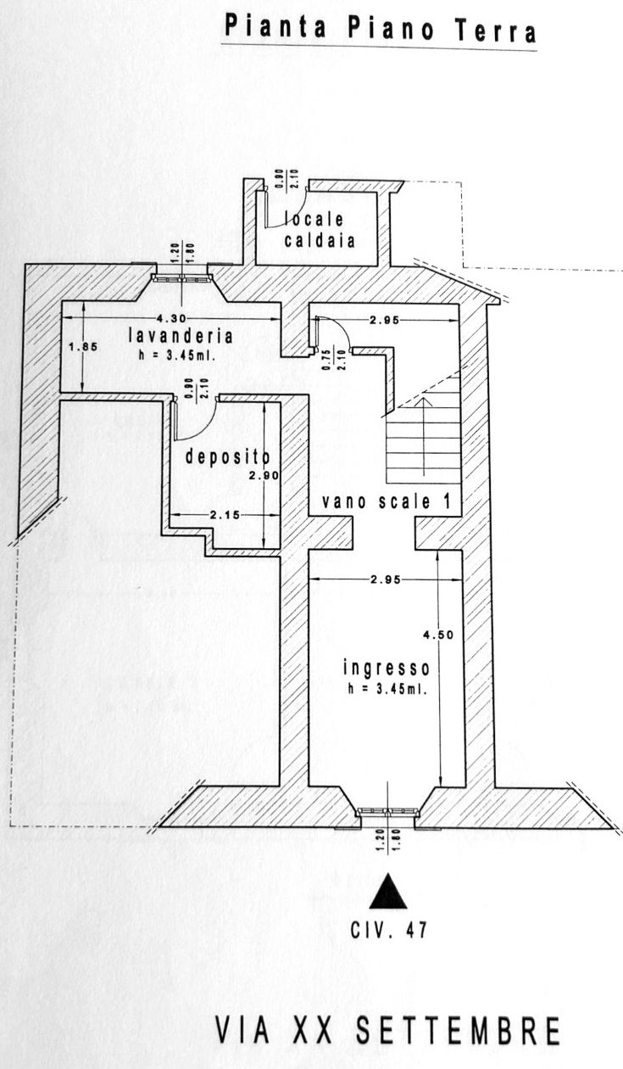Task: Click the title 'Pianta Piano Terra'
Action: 380,29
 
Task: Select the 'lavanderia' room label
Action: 181,336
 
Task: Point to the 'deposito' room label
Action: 227,456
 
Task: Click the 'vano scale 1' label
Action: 386,501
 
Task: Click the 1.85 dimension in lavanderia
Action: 83,347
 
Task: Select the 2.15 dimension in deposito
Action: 225,515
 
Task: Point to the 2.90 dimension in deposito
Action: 264,475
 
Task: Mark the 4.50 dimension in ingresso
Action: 438,635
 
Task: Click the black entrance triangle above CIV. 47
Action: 389,891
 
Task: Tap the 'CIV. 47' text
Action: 389,930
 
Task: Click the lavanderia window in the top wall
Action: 181,279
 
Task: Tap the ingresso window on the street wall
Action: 388,811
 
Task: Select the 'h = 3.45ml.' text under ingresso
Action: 387,689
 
